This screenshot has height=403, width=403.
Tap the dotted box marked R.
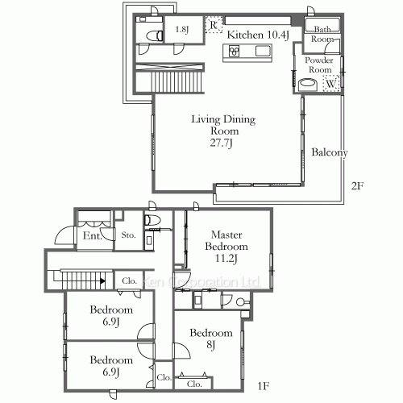213,25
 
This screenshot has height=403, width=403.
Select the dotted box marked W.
330,81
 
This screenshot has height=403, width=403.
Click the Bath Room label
322,33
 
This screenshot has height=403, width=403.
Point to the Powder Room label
318,64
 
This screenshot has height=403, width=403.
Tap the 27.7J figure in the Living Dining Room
222,143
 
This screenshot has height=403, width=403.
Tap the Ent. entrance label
91,236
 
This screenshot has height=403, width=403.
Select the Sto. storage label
128,236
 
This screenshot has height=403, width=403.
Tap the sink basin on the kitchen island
264,52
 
